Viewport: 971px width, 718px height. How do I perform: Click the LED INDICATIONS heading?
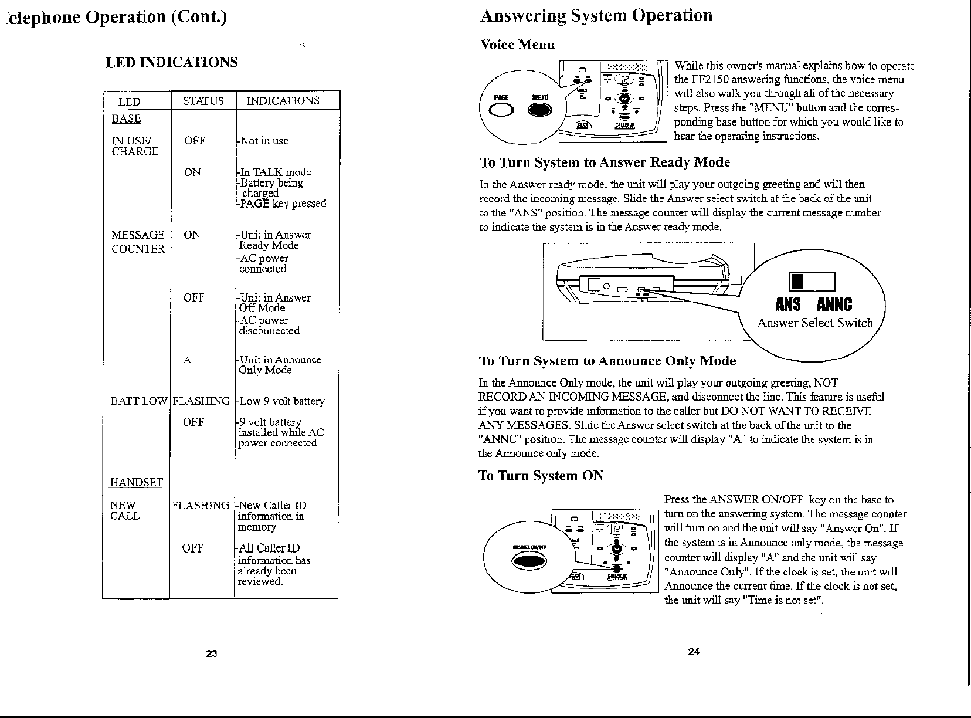[171, 62]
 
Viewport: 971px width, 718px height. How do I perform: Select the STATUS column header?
[203, 101]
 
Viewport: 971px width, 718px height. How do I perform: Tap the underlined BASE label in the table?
[126, 118]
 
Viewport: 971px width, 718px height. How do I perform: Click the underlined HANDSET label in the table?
[136, 482]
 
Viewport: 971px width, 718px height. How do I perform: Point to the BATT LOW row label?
[139, 401]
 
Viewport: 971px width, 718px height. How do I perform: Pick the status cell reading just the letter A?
[187, 360]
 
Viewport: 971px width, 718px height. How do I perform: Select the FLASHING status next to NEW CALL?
[200, 505]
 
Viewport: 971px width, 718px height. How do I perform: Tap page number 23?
[212, 653]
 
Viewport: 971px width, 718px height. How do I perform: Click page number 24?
[694, 652]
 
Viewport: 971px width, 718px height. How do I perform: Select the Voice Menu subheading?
[517, 45]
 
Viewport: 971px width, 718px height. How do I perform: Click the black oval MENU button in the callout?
[541, 110]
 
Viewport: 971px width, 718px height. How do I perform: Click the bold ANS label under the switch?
[787, 304]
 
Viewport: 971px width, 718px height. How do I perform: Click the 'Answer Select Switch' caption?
[814, 323]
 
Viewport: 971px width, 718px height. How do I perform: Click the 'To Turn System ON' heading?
[541, 475]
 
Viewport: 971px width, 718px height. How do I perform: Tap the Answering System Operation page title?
[596, 15]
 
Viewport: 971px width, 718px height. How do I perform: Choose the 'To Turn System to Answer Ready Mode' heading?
[605, 162]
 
